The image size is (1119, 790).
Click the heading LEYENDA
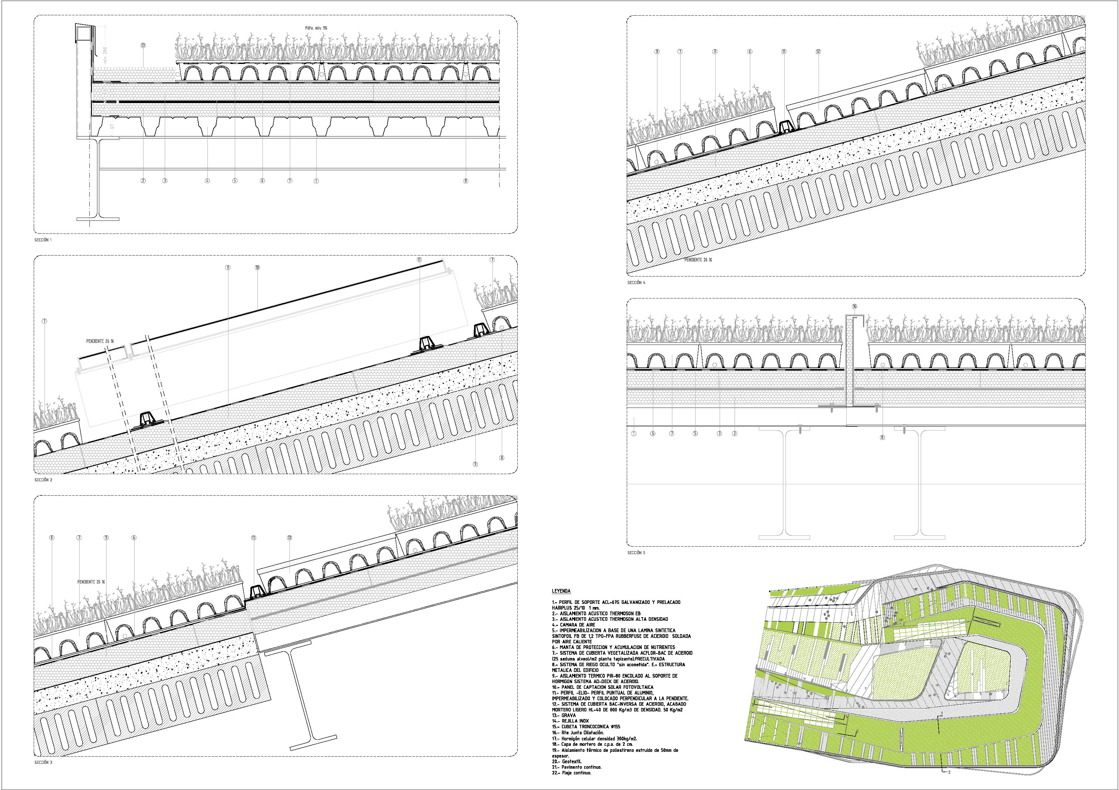tap(561, 591)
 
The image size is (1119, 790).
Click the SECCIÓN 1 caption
tap(43, 240)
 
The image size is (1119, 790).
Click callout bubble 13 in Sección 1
tap(143, 45)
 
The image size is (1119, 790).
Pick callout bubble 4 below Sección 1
tap(207, 181)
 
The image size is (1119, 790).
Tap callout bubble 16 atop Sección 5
tap(854, 306)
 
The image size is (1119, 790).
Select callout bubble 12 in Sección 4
tap(818, 51)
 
